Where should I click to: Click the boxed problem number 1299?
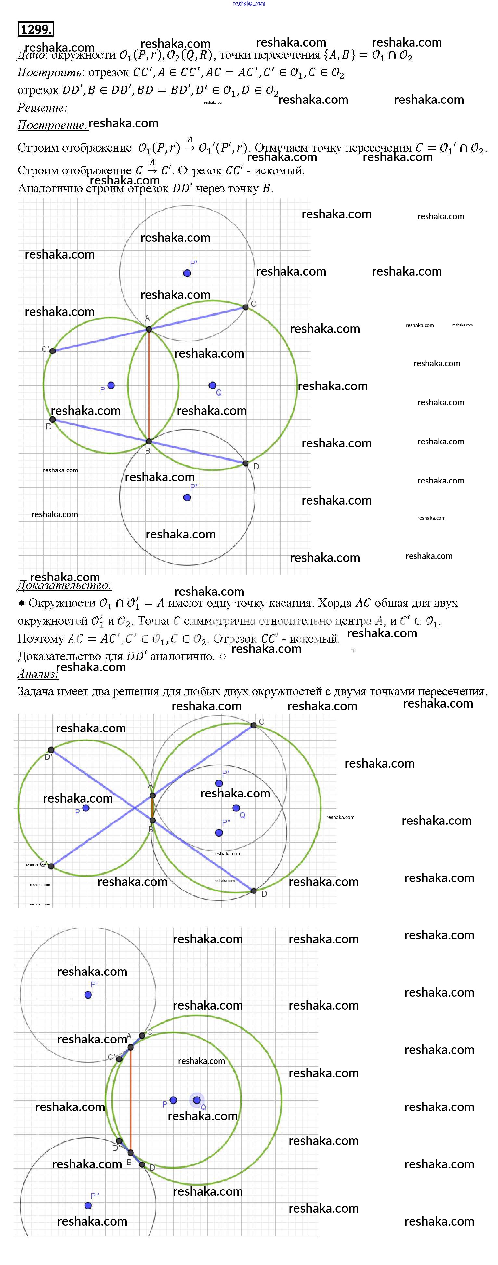pos(35,30)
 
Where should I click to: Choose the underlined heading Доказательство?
pos(64,585)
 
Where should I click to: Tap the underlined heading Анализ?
pos(38,674)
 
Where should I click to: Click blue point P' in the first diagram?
pos(187,273)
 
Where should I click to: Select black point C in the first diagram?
pos(245,307)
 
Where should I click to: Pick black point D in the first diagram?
pos(245,463)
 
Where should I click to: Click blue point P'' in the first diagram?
pos(187,497)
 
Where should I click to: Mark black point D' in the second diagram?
pos(51,750)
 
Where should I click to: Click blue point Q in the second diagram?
pos(236,808)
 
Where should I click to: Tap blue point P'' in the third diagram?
pos(88,1205)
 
